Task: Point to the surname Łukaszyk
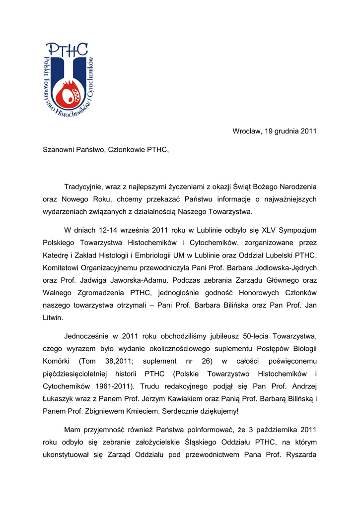coord(61,398)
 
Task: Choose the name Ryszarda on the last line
coord(300,454)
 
